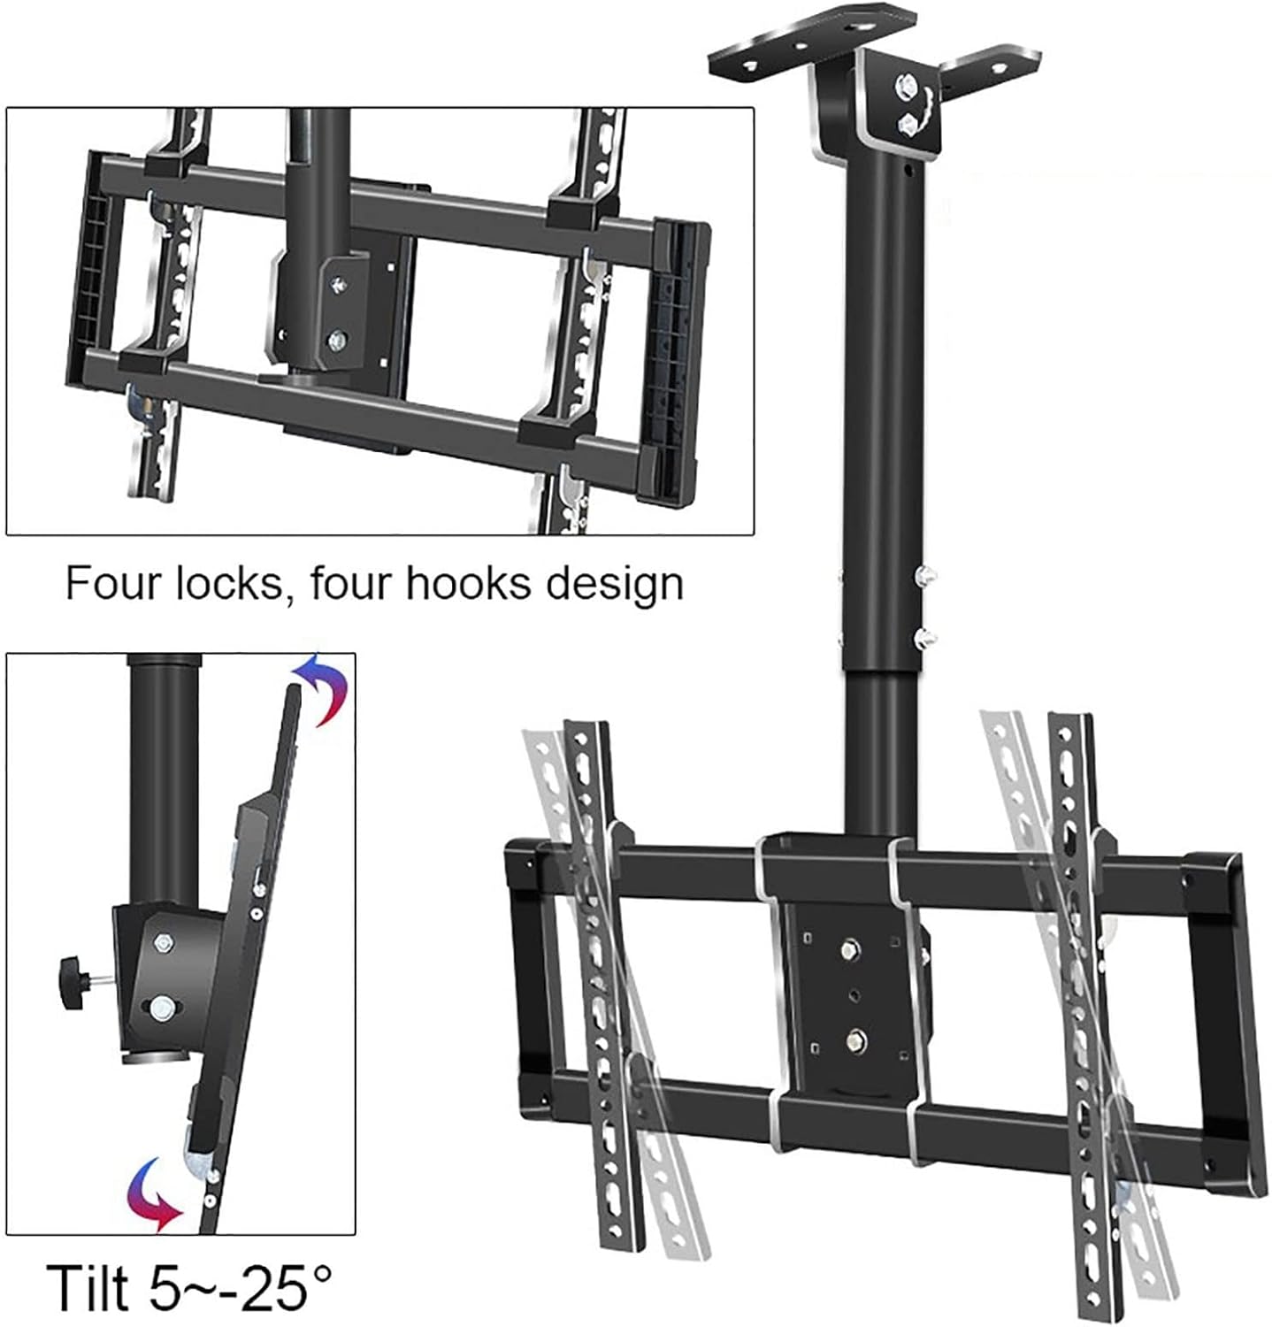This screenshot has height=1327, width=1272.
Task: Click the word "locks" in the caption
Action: (x=234, y=585)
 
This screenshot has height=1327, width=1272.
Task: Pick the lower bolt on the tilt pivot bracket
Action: (x=162, y=1008)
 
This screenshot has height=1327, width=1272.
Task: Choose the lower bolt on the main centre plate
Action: (x=854, y=1038)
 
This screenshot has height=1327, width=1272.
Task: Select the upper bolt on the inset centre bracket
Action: (x=338, y=284)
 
